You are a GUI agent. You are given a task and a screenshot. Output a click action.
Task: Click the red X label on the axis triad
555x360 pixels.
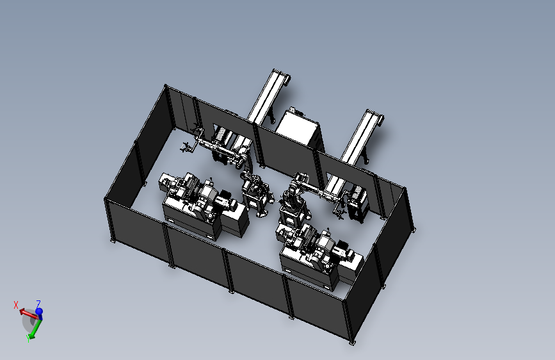tap(15, 305)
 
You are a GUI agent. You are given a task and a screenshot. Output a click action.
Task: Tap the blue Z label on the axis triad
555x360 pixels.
tap(38, 303)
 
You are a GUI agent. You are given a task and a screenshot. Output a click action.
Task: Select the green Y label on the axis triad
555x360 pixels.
tap(28, 339)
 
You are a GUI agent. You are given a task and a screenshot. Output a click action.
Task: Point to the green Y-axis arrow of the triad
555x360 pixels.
tap(35, 329)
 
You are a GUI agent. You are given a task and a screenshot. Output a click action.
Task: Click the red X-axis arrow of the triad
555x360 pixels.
tap(29, 314)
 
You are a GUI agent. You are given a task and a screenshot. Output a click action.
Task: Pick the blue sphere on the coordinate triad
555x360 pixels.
tap(39, 311)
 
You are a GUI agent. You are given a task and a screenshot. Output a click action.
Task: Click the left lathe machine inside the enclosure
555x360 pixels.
tap(204, 206)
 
